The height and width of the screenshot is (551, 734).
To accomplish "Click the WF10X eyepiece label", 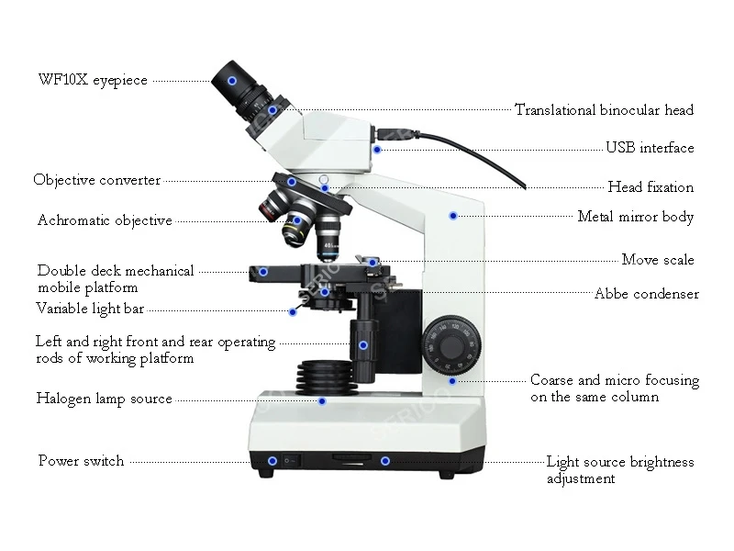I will coord(93,81).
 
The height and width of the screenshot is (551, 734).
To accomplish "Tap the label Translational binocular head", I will coord(604,110).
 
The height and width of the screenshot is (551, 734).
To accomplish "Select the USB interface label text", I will coord(650,148).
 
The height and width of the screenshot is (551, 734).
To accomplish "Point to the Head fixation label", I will coord(651,187).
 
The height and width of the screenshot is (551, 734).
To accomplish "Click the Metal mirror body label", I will coord(635,218).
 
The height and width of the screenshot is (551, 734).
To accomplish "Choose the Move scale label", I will coord(658,260).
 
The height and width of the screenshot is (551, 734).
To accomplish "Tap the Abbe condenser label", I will coord(646,295).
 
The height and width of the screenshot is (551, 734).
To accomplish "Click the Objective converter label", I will coord(96,180).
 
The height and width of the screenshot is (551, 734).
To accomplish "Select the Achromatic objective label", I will coord(105,220).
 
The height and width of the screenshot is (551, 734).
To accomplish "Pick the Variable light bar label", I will coord(89,309).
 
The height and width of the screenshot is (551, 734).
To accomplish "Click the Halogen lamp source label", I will coord(104,399).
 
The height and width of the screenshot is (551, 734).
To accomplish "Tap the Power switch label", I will coord(81,461).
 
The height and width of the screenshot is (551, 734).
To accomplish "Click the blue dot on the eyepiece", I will coord(232,81).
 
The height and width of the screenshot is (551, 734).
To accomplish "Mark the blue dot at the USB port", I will coord(378,149).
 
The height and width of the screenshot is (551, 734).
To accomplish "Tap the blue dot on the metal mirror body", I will coord(452,216).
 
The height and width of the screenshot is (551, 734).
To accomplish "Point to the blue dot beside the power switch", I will coord(272,461).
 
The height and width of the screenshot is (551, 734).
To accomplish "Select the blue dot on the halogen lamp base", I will coord(322,400).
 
